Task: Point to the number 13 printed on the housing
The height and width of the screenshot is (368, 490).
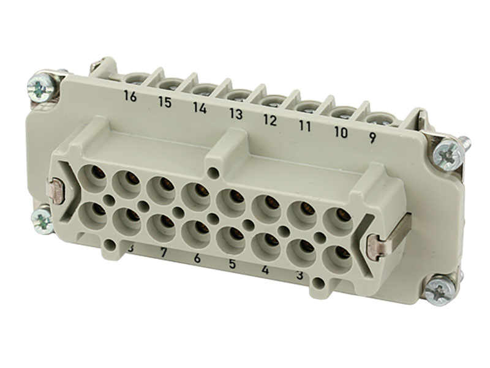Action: [236, 113]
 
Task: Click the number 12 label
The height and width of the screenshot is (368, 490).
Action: [270, 120]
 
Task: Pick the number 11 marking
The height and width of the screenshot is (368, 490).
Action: [305, 126]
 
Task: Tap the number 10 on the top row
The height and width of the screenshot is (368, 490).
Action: [341, 132]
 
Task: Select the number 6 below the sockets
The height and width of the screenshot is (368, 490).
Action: [197, 259]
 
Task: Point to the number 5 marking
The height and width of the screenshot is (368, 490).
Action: [232, 265]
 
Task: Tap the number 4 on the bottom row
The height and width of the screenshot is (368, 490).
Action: [265, 271]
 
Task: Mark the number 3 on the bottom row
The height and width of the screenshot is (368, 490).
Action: [299, 277]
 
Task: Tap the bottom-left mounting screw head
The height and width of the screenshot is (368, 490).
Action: [42, 217]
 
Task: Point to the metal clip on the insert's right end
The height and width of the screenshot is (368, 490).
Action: [374, 247]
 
